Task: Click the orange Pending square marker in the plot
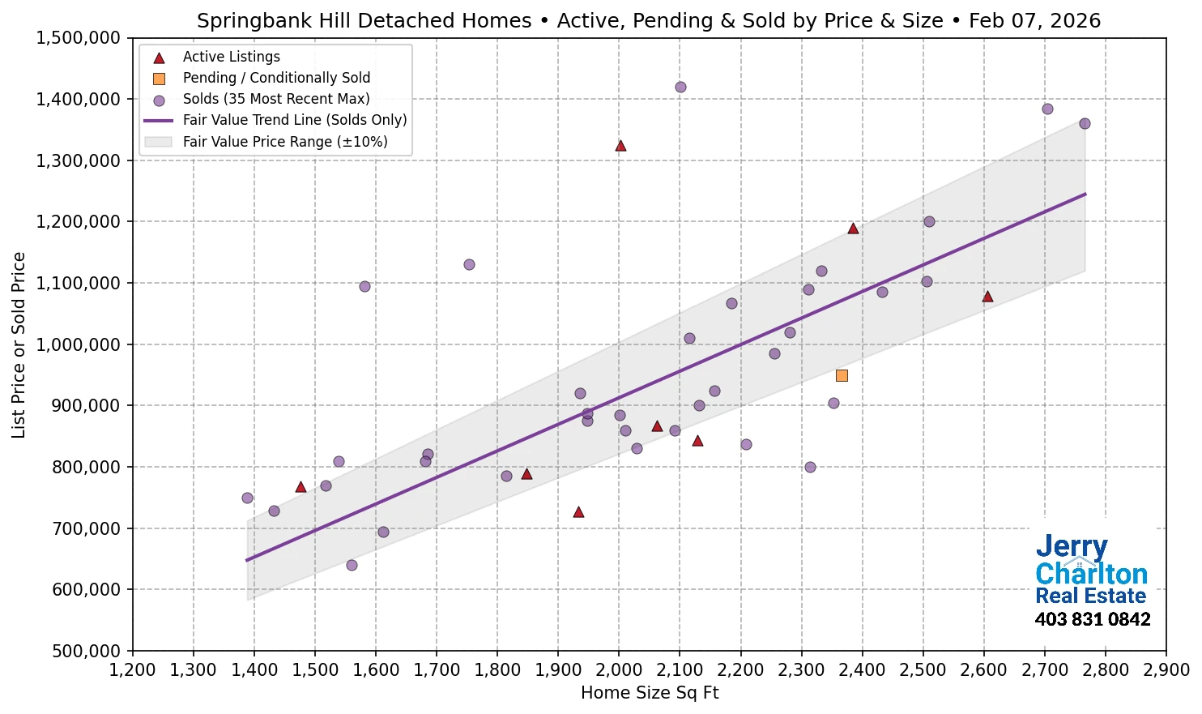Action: click(x=842, y=375)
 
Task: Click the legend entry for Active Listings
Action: click(x=231, y=57)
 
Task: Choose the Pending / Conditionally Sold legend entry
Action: click(x=276, y=78)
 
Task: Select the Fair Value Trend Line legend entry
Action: click(x=294, y=120)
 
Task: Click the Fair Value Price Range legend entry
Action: click(x=284, y=142)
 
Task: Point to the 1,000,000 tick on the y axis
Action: click(x=78, y=344)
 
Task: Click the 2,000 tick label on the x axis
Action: click(x=619, y=670)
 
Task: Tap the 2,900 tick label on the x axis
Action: click(x=1166, y=670)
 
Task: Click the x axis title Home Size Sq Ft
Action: click(x=650, y=693)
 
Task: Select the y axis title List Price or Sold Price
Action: click(x=19, y=345)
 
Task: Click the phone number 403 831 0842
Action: click(x=1092, y=620)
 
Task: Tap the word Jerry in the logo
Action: click(x=1072, y=547)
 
